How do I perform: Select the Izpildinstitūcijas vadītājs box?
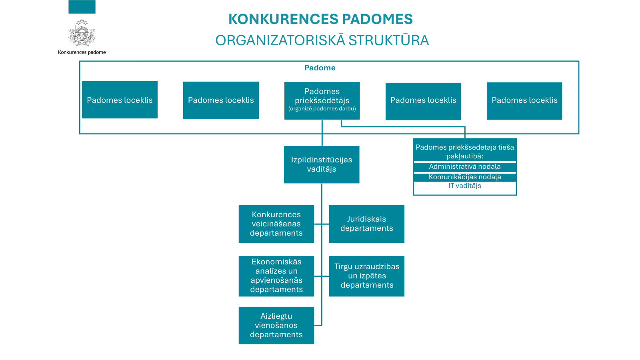(322, 164)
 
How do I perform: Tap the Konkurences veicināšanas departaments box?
(276, 224)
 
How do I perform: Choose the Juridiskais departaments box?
(366, 224)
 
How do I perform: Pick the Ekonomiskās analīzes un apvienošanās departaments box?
(276, 276)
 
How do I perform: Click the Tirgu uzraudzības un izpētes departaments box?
(366, 276)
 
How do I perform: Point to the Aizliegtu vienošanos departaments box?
(276, 325)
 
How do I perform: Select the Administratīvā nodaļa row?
(464, 167)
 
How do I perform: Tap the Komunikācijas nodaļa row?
(464, 177)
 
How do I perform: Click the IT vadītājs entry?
(464, 186)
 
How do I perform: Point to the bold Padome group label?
(320, 68)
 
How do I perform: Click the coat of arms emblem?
(82, 33)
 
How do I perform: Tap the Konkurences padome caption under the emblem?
(82, 52)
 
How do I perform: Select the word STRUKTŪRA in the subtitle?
(388, 40)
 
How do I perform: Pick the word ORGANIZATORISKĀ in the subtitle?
(280, 40)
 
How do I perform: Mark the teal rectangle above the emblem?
(82, 7)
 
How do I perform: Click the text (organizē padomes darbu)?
(322, 109)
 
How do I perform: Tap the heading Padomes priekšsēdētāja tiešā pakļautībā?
(464, 151)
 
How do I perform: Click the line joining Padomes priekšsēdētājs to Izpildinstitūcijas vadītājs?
(322, 133)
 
